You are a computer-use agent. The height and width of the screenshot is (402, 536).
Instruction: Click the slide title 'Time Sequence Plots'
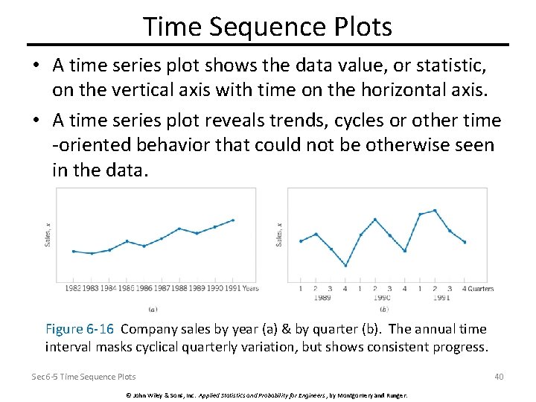[x=267, y=27]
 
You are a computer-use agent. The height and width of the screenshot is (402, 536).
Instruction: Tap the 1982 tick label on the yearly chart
[x=73, y=288]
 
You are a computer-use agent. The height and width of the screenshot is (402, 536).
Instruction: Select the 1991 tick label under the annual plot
[x=232, y=288]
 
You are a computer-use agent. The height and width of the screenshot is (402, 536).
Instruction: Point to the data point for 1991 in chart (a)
[x=233, y=220]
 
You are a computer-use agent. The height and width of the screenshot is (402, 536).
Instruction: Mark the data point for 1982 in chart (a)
[x=73, y=251]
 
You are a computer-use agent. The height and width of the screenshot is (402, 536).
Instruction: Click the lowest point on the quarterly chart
[x=345, y=265]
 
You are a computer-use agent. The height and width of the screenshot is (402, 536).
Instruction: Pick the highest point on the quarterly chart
[x=435, y=211]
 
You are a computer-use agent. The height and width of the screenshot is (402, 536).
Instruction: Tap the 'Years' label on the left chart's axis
[x=251, y=288]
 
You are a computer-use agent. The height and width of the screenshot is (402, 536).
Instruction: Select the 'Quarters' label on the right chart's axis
[x=481, y=289]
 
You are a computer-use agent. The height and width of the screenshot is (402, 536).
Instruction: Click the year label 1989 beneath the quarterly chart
[x=322, y=298]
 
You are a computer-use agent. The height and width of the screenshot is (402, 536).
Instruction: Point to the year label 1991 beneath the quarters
[x=442, y=298]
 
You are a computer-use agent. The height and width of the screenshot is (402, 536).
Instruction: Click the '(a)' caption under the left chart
[x=153, y=308]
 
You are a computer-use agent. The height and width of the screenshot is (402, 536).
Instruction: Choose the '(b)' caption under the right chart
[x=383, y=308]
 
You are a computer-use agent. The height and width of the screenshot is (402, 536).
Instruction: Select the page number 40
[x=499, y=377]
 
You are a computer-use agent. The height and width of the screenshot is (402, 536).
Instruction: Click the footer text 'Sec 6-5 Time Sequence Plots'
[x=83, y=377]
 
